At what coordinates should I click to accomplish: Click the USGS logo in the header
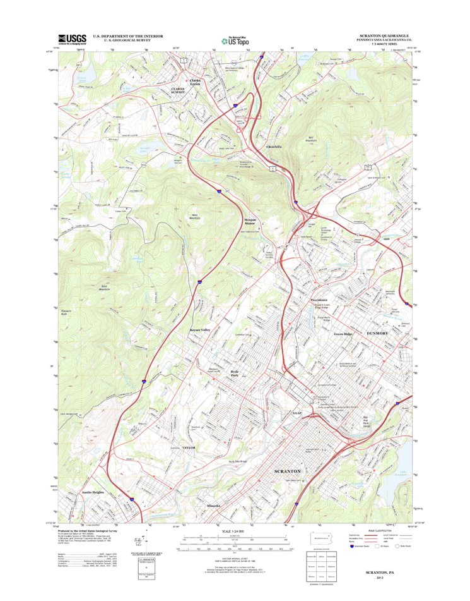click(71, 39)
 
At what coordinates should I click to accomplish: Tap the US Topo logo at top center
click(235, 39)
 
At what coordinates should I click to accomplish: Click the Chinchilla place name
click(270, 147)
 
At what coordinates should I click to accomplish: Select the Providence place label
click(319, 300)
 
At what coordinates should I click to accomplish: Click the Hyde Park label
click(235, 374)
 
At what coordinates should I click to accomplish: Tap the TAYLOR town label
click(190, 447)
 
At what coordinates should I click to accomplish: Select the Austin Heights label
click(92, 492)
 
